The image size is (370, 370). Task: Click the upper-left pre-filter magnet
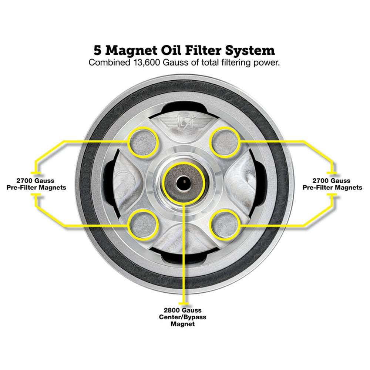pos(144,142)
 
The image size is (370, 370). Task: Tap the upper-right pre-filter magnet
pos(225,142)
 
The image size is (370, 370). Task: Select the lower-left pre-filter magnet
pos(144,223)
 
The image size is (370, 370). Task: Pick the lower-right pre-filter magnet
pos(225,223)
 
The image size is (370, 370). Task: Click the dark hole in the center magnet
pos(184,182)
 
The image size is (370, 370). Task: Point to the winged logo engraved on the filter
pos(184,121)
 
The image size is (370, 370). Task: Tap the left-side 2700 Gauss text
pos(36,181)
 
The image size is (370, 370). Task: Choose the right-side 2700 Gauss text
pos(332,181)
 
